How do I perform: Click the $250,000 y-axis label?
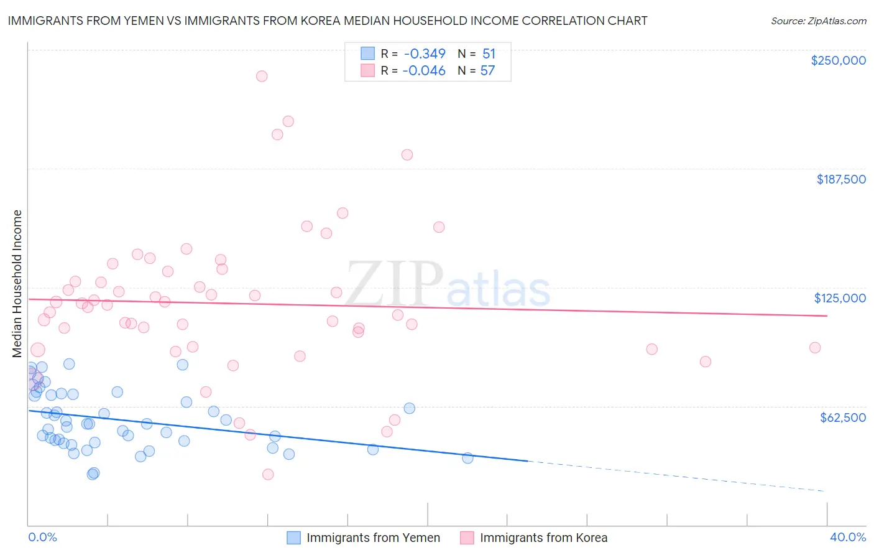[x=838, y=60]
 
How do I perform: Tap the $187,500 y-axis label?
[x=840, y=179]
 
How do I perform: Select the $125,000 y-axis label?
[x=840, y=298]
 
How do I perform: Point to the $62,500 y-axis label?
[x=842, y=417]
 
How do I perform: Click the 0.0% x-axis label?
[x=42, y=537]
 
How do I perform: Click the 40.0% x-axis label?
[x=847, y=537]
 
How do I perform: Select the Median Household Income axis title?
[x=17, y=284]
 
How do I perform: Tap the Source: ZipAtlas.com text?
[x=818, y=21]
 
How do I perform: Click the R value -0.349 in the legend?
[x=425, y=54]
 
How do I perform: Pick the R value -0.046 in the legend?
[x=424, y=71]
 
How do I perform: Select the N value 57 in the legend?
[x=487, y=71]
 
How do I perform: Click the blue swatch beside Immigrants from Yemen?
[x=293, y=538]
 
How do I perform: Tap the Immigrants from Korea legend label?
[x=543, y=538]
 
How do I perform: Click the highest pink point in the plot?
[x=262, y=76]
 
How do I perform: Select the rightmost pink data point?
[x=815, y=347]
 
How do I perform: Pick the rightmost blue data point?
[x=467, y=458]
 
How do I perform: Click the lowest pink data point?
[x=268, y=474]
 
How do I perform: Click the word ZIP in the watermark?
[x=393, y=284]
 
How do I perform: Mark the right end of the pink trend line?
[x=827, y=316]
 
